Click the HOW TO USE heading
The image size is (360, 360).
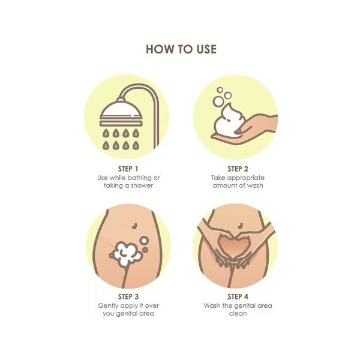point(181,49)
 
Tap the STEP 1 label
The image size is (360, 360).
point(128,169)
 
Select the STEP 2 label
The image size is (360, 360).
point(238,169)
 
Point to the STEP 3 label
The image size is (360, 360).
point(128,296)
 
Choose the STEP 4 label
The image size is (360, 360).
point(238,296)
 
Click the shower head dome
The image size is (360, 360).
point(121,110)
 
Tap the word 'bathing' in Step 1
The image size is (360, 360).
point(139,178)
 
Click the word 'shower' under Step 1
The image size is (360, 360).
point(142,185)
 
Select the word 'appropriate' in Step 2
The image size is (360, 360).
point(246,178)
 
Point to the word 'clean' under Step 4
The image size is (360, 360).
point(238,313)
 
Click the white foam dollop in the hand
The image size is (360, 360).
point(227,121)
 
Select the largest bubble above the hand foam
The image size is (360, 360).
point(218,102)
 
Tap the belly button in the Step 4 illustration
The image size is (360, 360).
point(241,225)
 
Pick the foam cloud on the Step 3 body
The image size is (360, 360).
point(125,254)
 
